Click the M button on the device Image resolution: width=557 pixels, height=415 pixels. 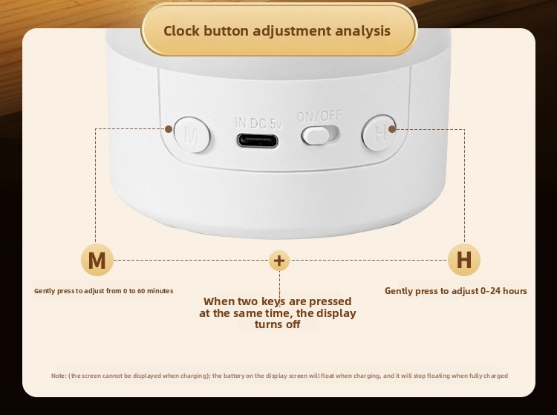tap(192, 134)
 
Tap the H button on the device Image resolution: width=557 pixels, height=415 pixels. tap(379, 133)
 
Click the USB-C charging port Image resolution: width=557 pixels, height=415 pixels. tap(258, 140)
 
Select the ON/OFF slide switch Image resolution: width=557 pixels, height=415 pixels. tap(319, 135)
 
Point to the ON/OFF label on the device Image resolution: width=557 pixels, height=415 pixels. tap(319, 116)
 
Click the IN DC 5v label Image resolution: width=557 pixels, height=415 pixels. tap(258, 122)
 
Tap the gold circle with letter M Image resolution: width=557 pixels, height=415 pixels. tap(97, 261)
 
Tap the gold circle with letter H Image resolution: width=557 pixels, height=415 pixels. tap(464, 260)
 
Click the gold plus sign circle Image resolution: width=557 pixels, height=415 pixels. tap(279, 261)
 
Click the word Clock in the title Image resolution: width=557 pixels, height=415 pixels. tap(181, 31)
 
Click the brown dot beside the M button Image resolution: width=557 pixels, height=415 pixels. tap(169, 129)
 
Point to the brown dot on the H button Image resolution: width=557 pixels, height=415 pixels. tap(392, 129)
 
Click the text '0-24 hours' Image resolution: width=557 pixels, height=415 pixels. tap(504, 291)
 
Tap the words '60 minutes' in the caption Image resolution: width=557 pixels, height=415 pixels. tap(155, 291)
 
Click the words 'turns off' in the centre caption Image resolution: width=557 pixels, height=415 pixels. tap(278, 324)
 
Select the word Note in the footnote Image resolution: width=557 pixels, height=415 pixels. tap(58, 376)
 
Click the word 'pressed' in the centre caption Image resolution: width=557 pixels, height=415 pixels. tap(330, 301)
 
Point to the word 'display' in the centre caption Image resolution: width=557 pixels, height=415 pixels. tap(336, 313)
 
